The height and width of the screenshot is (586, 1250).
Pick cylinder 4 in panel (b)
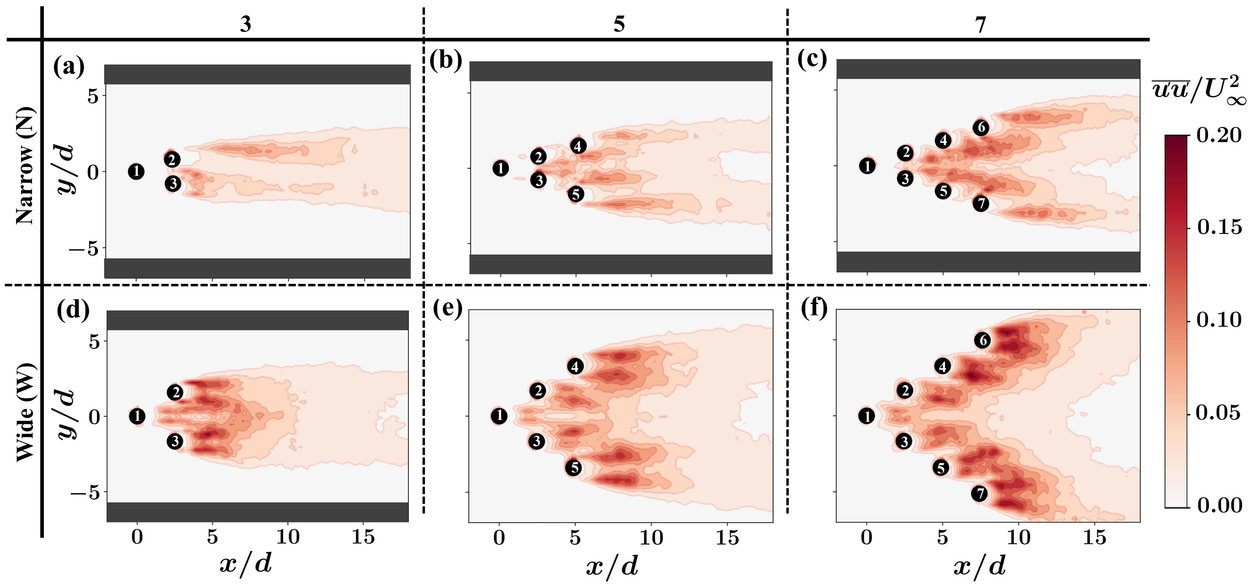point(578,146)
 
